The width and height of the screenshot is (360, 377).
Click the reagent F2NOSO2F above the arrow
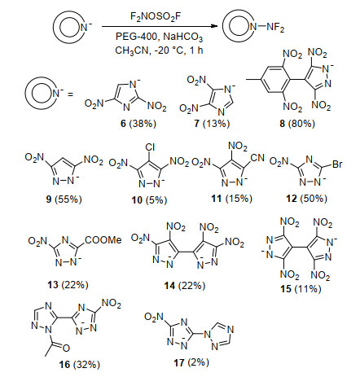tap(156, 17)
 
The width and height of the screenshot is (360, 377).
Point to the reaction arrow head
tap(214, 27)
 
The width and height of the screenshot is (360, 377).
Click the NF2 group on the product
tap(275, 28)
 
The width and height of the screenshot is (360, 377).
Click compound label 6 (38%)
tap(138, 124)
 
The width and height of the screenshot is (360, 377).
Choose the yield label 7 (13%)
tap(212, 124)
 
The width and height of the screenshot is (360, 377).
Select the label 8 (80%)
tap(297, 124)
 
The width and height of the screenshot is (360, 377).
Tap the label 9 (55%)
tap(64, 199)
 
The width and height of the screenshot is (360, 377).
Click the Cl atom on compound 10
tap(150, 147)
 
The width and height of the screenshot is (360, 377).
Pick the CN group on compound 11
tap(257, 157)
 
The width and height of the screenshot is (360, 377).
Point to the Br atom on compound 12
tap(337, 164)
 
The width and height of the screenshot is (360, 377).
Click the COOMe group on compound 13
tap(103, 240)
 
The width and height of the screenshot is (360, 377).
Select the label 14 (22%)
tap(185, 286)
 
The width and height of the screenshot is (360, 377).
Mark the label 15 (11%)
tap(301, 289)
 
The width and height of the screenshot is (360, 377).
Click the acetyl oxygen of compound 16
tap(66, 348)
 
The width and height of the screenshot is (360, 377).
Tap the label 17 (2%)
tap(191, 362)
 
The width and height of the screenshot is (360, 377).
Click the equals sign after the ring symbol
tap(70, 94)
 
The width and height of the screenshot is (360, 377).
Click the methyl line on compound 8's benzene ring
tap(253, 80)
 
